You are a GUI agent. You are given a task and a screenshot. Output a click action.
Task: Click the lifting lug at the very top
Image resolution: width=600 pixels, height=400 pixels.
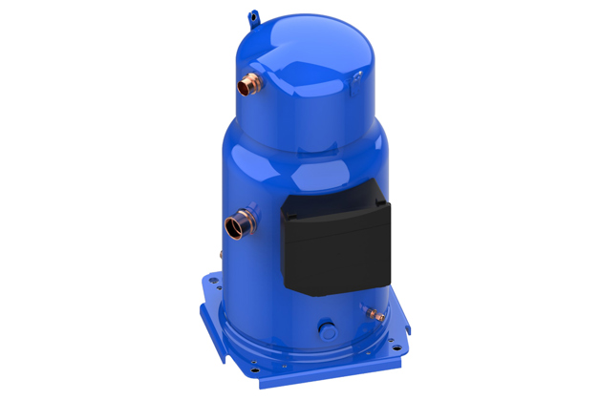pyautogui.click(x=253, y=15)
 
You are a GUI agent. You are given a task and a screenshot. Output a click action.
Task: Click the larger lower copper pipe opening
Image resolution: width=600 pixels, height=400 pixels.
pyautogui.click(x=234, y=228)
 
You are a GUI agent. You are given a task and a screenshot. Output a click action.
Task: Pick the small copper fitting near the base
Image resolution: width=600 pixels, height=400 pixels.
pyautogui.click(x=368, y=309)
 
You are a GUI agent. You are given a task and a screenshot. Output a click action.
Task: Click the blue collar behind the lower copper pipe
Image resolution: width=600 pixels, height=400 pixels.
pyautogui.click(x=246, y=223)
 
